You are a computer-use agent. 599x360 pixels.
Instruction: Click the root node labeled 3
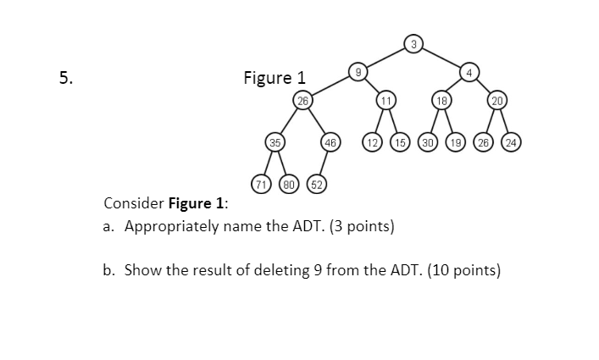[x=413, y=43]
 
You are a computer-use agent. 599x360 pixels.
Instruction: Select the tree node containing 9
[x=358, y=72]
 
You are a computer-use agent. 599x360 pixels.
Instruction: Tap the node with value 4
[x=468, y=72]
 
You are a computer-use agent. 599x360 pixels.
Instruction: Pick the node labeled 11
[x=385, y=100]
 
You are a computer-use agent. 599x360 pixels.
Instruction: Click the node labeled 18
[x=441, y=100]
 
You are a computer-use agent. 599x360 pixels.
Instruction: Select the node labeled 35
[x=275, y=141]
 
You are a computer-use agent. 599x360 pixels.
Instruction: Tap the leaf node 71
[x=262, y=183]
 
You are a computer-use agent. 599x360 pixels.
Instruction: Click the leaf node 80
[x=288, y=183]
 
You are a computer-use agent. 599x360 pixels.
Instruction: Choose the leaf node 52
[x=315, y=183]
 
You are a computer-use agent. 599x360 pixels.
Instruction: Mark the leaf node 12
[x=372, y=141]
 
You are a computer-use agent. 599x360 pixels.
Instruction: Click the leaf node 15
[x=399, y=141]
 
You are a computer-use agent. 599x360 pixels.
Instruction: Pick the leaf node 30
[x=427, y=141]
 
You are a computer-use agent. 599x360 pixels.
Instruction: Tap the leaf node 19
[x=455, y=141]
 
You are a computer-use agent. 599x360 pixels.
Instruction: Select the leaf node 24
[x=510, y=141]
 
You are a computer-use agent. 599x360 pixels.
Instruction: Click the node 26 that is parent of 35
[x=302, y=100]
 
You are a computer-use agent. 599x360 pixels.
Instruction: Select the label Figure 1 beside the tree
[x=274, y=79]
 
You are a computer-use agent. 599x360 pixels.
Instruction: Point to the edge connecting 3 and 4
[x=441, y=58]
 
